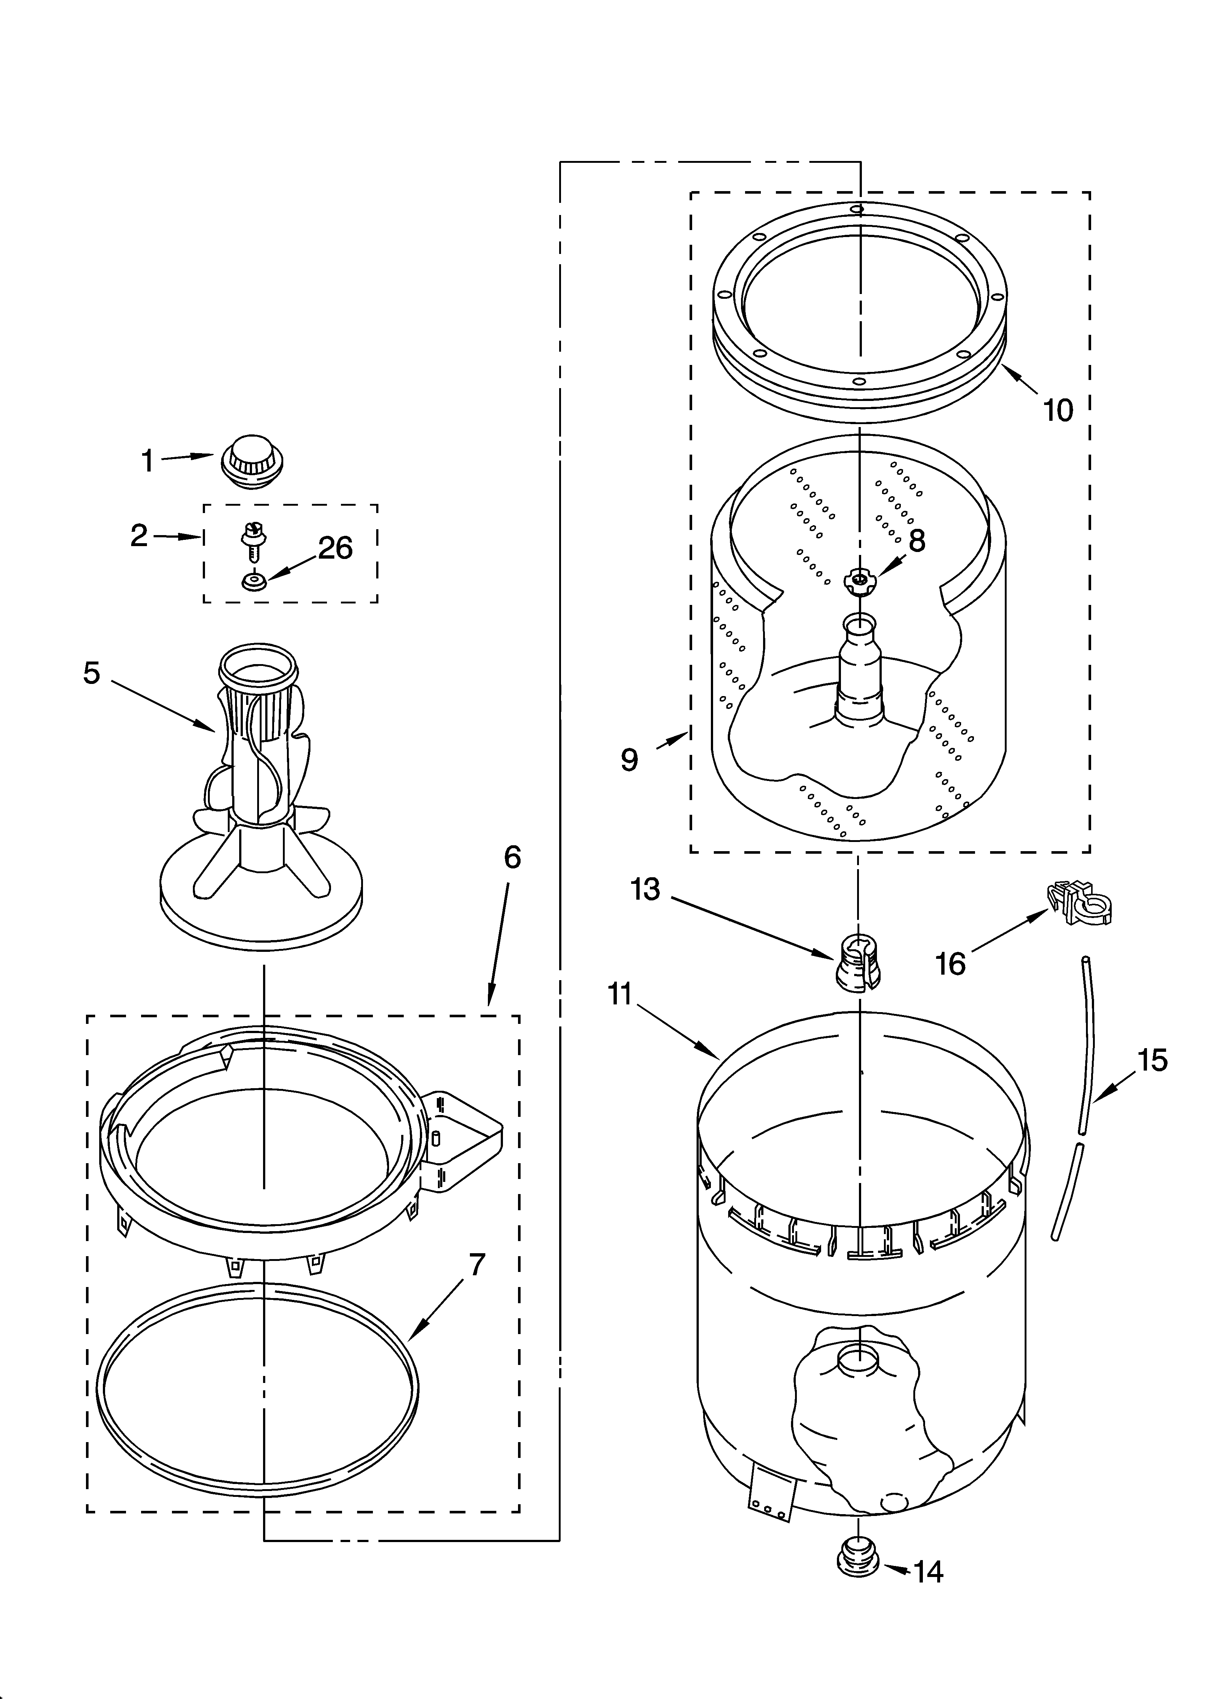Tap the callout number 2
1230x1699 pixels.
coord(139,535)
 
